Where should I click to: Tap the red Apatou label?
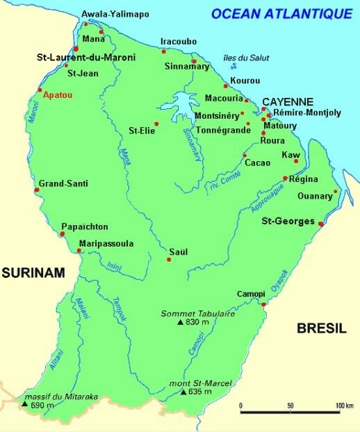57,98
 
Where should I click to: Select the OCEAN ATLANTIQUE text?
281,13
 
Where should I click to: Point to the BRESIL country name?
322,329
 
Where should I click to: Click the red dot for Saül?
169,260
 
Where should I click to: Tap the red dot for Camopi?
263,304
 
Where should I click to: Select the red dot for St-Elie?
156,124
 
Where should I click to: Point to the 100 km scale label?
341,405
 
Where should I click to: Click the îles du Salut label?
236,58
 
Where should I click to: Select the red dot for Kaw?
296,161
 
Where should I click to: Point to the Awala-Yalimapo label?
110,14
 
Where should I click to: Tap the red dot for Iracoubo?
164,51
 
